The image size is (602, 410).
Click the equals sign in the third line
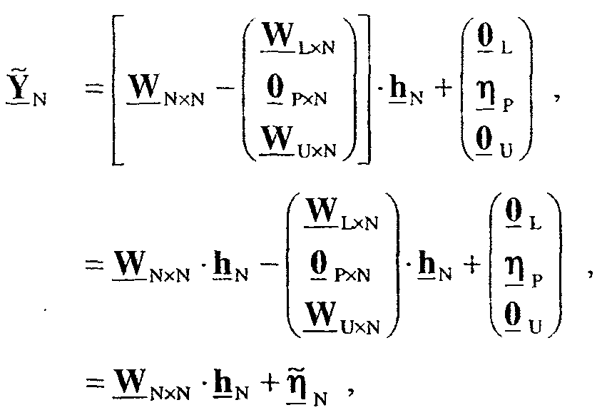point(88,382)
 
